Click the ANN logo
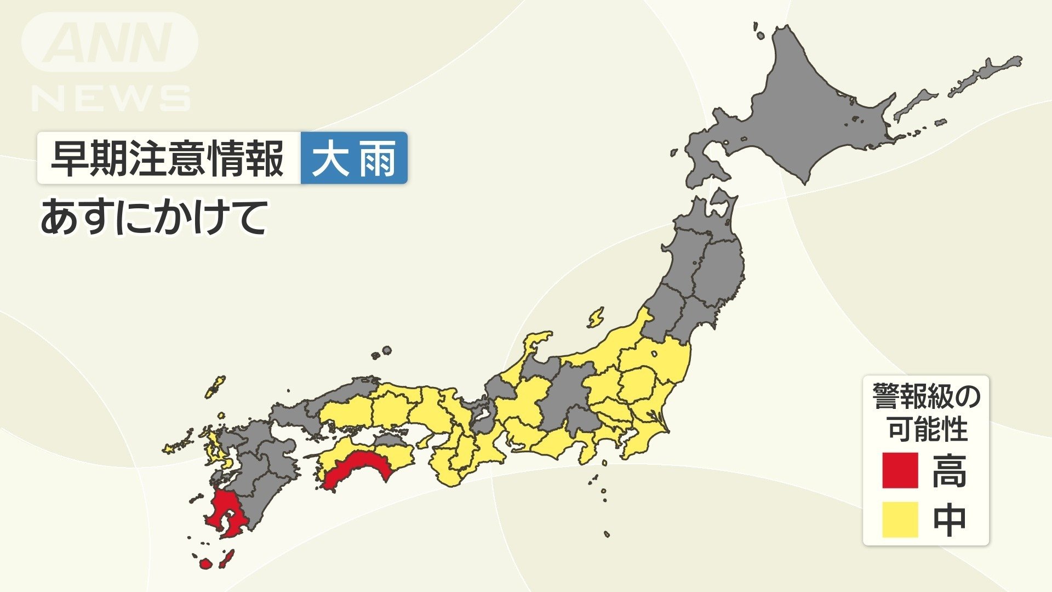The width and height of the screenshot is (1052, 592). tap(110, 43)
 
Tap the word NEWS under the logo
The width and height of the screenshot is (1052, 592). tap(111, 99)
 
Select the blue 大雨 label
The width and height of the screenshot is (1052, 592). tap(354, 158)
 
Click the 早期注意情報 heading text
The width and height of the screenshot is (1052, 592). tap(168, 158)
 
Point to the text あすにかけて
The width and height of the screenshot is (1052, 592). tap(154, 217)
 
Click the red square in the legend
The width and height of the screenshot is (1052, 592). tap(900, 470)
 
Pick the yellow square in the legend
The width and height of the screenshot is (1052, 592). tap(900, 519)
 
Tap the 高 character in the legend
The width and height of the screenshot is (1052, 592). tap(949, 471)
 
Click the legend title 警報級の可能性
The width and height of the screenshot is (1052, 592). tap(927, 412)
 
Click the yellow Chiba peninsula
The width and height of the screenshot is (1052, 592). tap(647, 433)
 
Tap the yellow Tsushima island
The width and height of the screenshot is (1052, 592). tap(215, 387)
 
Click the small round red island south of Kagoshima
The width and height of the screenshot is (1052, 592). tap(205, 563)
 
